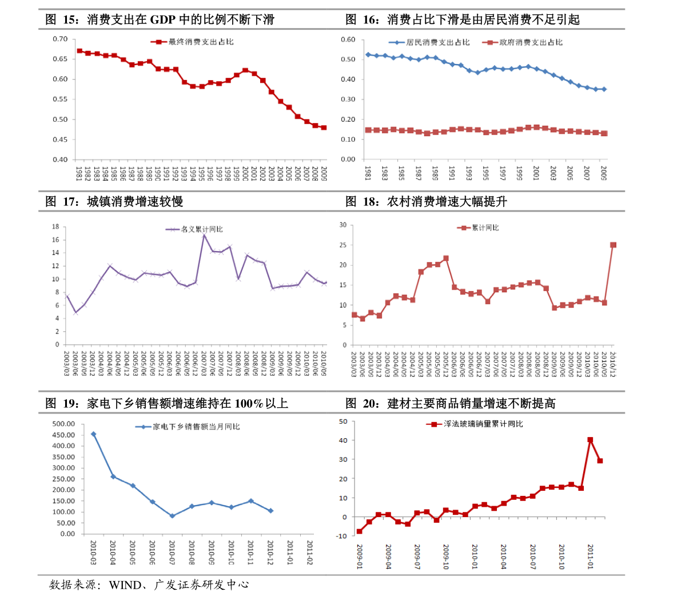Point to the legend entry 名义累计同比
198,229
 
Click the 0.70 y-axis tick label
60,39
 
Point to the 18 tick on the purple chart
55,227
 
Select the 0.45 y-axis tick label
60,140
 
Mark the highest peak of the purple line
204,235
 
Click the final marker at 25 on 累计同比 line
613,245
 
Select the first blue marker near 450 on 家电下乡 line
93,434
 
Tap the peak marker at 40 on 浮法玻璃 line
590,440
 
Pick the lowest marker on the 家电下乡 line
172,516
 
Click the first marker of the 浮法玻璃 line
360,531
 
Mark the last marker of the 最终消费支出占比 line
324,128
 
